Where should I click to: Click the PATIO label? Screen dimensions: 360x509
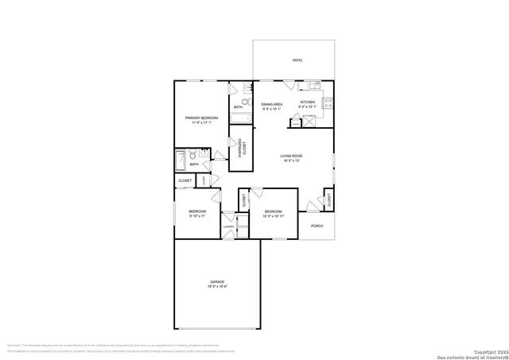297,60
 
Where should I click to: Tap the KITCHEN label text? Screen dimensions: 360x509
307,102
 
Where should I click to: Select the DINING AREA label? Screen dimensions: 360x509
273,104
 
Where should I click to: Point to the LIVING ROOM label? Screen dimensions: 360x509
292,155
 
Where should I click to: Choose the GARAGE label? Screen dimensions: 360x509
216,282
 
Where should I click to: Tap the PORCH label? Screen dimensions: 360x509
317,226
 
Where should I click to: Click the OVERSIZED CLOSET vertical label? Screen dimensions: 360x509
242,149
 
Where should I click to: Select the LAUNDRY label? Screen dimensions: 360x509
229,226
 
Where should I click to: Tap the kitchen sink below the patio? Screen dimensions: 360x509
314,85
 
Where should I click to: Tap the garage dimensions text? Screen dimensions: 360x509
216,287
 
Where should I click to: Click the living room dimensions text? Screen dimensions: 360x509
292,161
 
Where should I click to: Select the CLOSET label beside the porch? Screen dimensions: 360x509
328,200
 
